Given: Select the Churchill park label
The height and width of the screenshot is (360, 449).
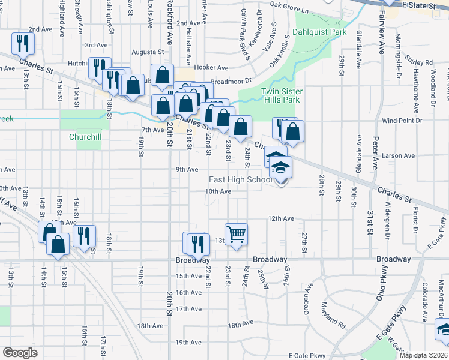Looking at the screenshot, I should click(85, 137).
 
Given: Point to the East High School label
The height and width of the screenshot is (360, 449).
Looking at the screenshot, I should click(240, 180).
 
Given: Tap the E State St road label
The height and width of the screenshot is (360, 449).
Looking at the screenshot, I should click(418, 5).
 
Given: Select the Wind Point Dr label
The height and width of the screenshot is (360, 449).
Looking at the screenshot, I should click(402, 121).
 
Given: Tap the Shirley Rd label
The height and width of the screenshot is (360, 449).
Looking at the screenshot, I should click(419, 62).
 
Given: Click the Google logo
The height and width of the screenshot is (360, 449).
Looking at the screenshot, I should click(20, 353).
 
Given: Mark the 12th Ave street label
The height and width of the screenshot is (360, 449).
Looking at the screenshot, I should click(280, 219).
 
